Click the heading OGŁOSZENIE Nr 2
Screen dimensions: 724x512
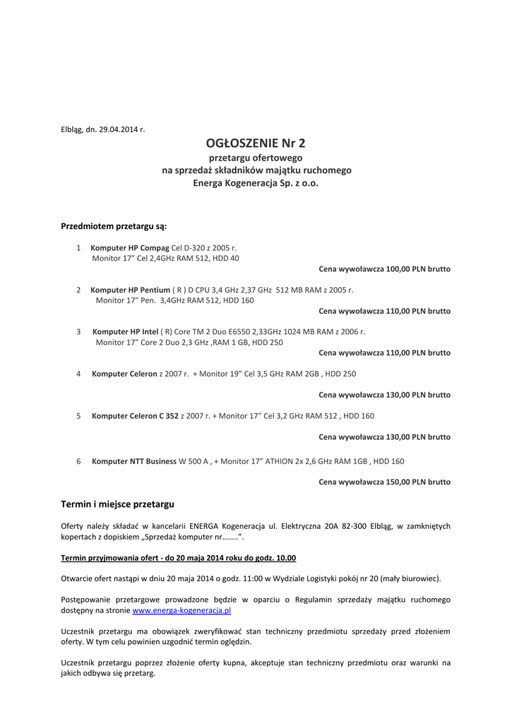tap(256, 143)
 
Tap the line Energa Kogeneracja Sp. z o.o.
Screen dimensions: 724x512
tap(256, 182)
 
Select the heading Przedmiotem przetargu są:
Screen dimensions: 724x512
tap(114, 226)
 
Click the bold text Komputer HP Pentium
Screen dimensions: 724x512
tap(131, 290)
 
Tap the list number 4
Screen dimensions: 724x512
tap(78, 373)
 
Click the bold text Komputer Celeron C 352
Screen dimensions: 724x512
tap(135, 416)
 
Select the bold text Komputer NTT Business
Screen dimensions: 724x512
tap(134, 461)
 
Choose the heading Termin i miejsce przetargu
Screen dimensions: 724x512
tap(117, 504)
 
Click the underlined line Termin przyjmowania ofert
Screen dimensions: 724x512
tap(179, 558)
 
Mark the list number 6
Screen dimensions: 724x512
tap(78, 461)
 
